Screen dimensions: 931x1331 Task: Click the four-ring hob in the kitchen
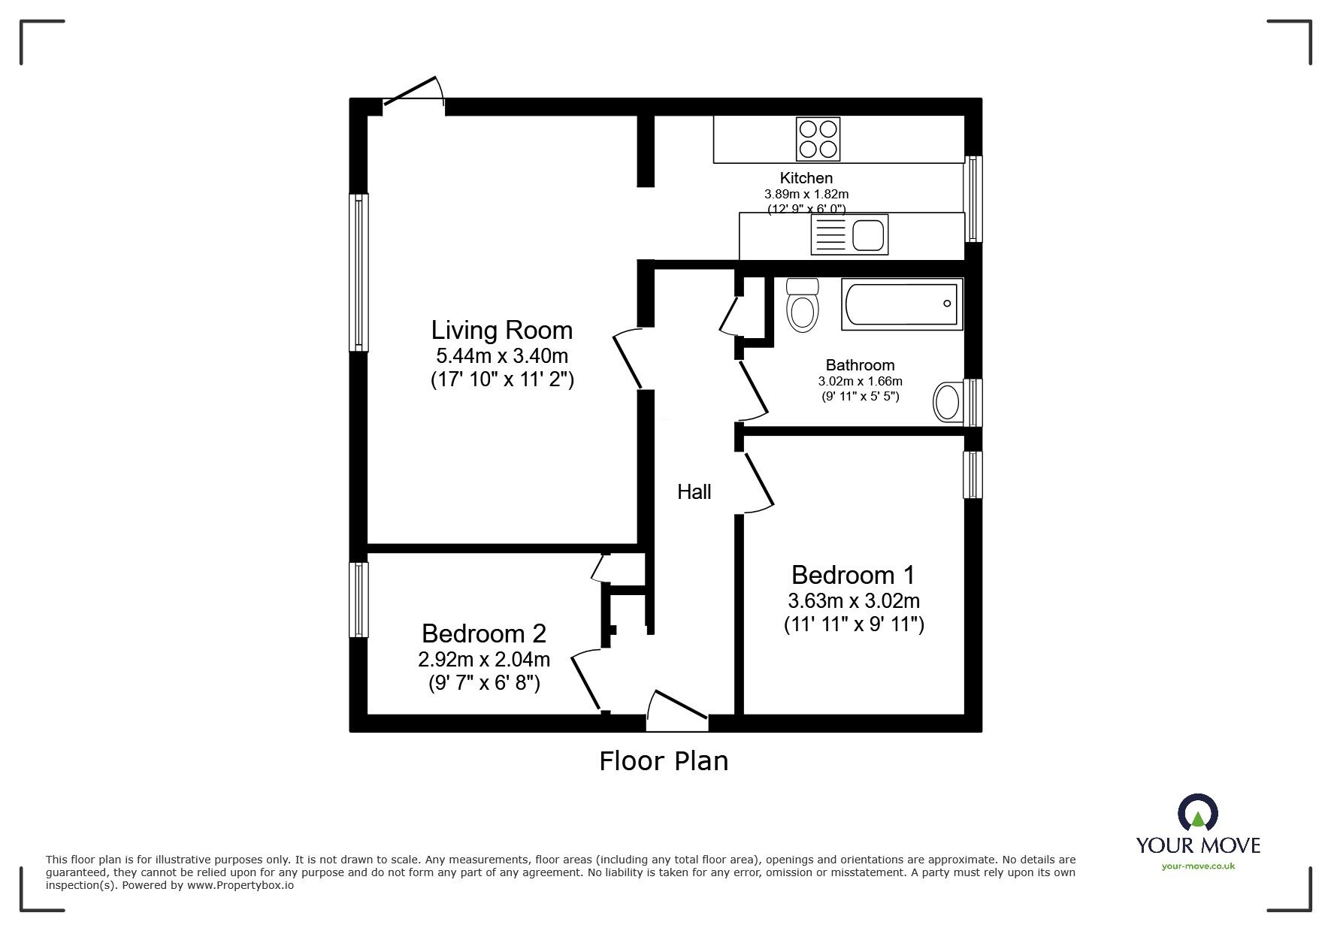click(818, 139)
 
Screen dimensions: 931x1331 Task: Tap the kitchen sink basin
click(869, 234)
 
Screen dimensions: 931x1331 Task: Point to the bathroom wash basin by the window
click(948, 402)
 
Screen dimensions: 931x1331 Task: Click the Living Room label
click(501, 331)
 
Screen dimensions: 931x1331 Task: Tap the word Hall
click(694, 492)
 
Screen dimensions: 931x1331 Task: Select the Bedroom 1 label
click(853, 576)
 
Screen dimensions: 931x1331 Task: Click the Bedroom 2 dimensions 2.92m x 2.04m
click(484, 660)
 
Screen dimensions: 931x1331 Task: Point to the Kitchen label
click(806, 178)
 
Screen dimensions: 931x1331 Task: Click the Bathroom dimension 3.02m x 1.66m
click(860, 382)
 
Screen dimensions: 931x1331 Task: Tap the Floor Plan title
click(664, 761)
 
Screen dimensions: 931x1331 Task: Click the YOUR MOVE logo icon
click(1197, 814)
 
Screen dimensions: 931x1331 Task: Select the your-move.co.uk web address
click(1198, 866)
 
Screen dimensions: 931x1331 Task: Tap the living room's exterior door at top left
click(413, 98)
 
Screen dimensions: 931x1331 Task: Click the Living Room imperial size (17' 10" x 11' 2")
click(501, 380)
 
